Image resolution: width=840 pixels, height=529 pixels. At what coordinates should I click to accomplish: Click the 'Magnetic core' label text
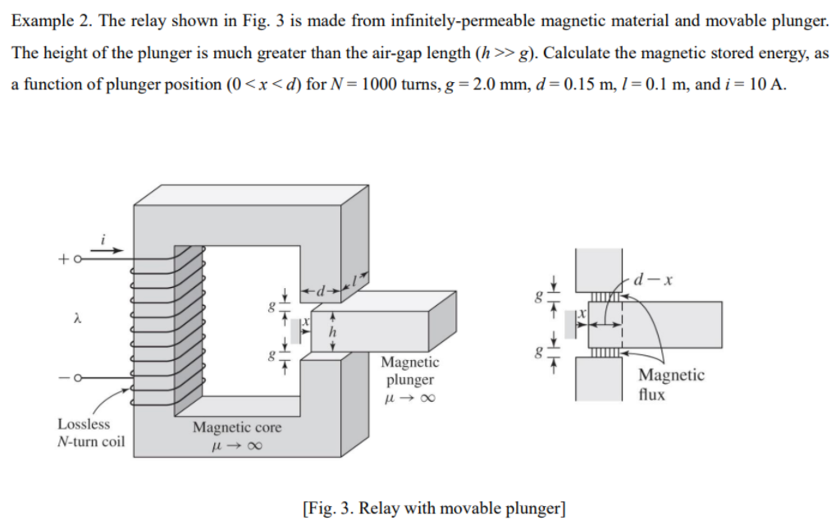pos(237,427)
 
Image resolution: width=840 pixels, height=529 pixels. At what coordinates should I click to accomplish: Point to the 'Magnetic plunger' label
pos(410,371)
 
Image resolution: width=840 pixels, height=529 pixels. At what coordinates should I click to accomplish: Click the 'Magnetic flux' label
pos(671,384)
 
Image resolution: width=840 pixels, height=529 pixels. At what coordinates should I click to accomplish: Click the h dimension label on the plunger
pos(334,331)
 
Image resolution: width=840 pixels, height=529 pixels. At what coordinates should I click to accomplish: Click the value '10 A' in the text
pos(766,84)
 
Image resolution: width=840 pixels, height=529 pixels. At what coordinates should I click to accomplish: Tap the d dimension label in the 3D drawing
pos(322,289)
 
